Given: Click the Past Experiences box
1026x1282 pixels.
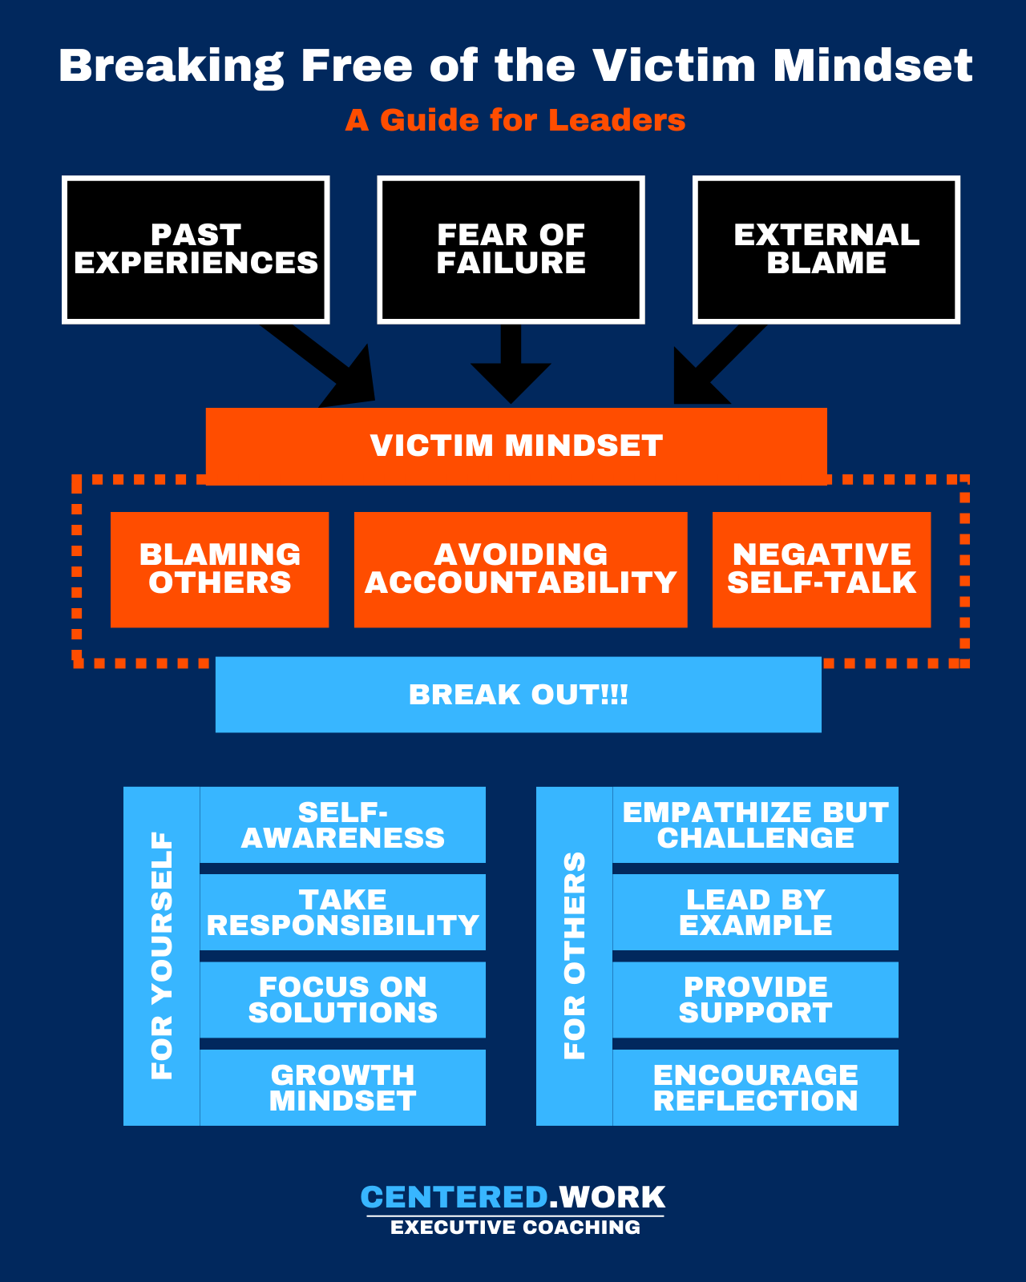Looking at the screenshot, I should pyautogui.click(x=196, y=249).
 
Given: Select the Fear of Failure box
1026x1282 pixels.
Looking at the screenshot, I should pyautogui.click(x=511, y=249).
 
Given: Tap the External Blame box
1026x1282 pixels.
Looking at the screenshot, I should pyautogui.click(x=826, y=249).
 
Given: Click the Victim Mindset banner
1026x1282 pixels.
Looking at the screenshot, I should pyautogui.click(x=516, y=445).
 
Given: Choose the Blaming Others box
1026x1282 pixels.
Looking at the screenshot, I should pyautogui.click(x=220, y=569).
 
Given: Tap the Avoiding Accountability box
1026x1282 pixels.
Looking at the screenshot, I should pyautogui.click(x=520, y=569).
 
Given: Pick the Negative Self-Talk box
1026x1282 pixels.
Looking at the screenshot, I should pyautogui.click(x=822, y=569).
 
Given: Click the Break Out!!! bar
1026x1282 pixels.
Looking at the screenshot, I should pyautogui.click(x=518, y=694).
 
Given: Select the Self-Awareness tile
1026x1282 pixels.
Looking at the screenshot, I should pyautogui.click(x=342, y=824).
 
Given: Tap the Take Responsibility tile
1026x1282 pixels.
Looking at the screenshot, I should pyautogui.click(x=342, y=912).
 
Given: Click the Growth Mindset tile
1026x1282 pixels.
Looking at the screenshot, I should pyautogui.click(x=342, y=1087).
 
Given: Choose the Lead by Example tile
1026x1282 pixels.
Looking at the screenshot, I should pyautogui.click(x=755, y=912).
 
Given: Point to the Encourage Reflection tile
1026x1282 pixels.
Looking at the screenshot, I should pyautogui.click(x=755, y=1087).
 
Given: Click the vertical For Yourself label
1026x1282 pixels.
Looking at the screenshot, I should pyautogui.click(x=162, y=956).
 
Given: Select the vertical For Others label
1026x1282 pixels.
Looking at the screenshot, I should pyautogui.click(x=575, y=956).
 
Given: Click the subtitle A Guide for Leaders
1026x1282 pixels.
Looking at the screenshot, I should pyautogui.click(x=515, y=120).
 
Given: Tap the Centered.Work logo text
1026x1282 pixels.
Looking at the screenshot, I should pyautogui.click(x=513, y=1197).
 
